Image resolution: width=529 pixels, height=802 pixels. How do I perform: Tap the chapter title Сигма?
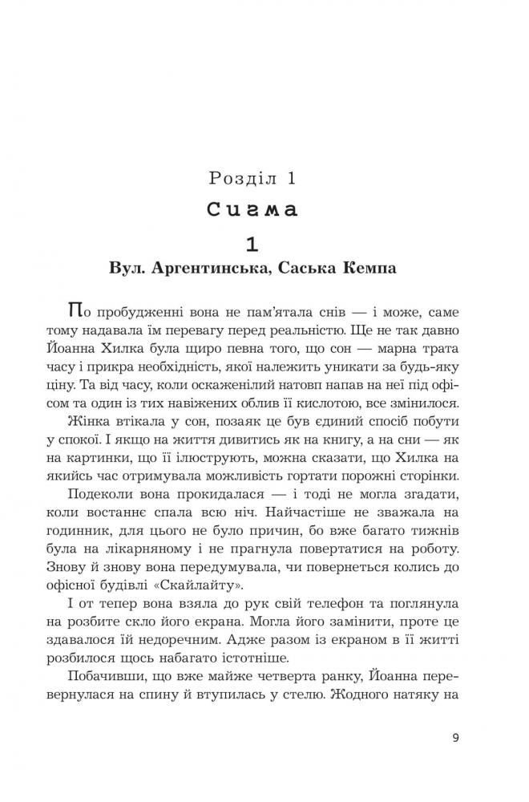252,210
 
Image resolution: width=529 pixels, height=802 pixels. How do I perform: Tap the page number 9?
455,738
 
